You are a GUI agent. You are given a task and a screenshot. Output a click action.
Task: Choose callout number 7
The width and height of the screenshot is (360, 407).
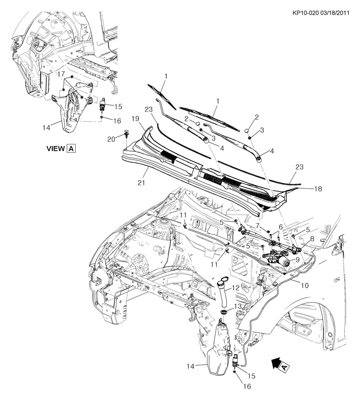pyautogui.click(x=258, y=225)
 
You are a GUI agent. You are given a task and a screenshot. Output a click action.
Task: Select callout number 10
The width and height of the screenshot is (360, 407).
pyautogui.click(x=305, y=285)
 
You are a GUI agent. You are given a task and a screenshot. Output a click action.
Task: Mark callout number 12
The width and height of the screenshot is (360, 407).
pyautogui.click(x=235, y=288)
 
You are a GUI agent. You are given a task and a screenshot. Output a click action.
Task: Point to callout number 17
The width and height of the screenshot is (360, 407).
pyautogui.click(x=61, y=74)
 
